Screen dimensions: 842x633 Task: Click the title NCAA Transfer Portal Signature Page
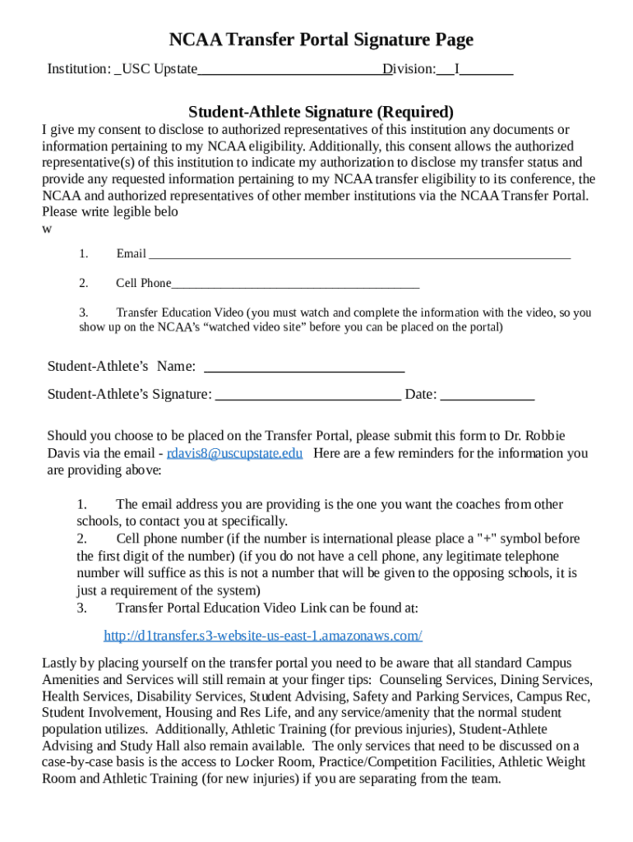click(321, 39)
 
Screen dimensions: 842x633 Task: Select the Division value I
click(457, 70)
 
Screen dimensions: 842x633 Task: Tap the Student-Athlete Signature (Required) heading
click(321, 111)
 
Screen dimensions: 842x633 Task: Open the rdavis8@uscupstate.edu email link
click(234, 453)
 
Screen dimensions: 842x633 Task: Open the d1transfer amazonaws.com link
click(263, 636)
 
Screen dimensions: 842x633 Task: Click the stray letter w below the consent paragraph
click(47, 229)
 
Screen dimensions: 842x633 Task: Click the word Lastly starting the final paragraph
click(59, 663)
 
